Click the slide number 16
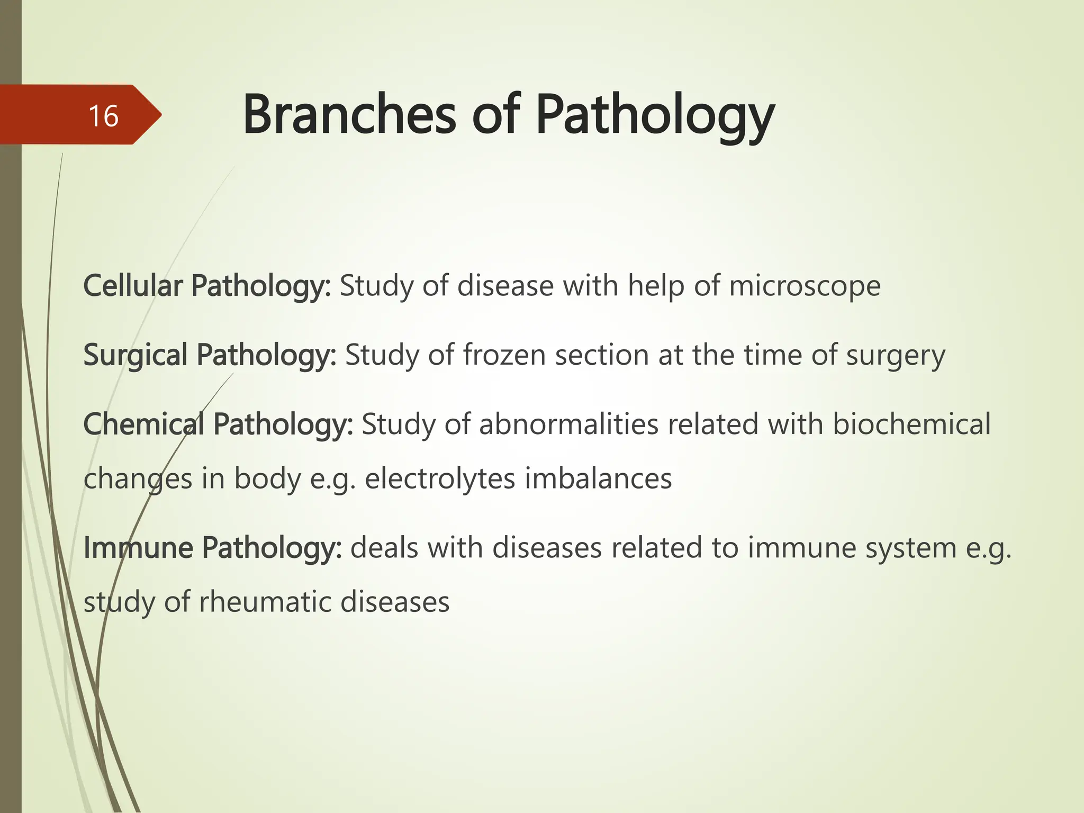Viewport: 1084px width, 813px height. pyautogui.click(x=103, y=116)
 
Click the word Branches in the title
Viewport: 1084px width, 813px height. pyautogui.click(x=349, y=115)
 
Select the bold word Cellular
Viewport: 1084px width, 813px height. pyautogui.click(x=133, y=286)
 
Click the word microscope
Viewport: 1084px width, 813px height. pyautogui.click(x=805, y=286)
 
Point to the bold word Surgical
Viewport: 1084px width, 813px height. pyautogui.click(x=135, y=355)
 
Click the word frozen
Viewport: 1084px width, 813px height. pyautogui.click(x=504, y=355)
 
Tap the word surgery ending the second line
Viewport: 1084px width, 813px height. pyautogui.click(x=896, y=355)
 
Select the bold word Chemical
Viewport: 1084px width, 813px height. pyautogui.click(x=143, y=424)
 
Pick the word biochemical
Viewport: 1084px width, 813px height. pyautogui.click(x=911, y=424)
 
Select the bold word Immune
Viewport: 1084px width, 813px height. pyautogui.click(x=138, y=548)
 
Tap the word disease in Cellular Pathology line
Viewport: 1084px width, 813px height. pyautogui.click(x=505, y=286)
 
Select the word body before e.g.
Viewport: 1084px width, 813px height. pyautogui.click(x=267, y=478)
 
